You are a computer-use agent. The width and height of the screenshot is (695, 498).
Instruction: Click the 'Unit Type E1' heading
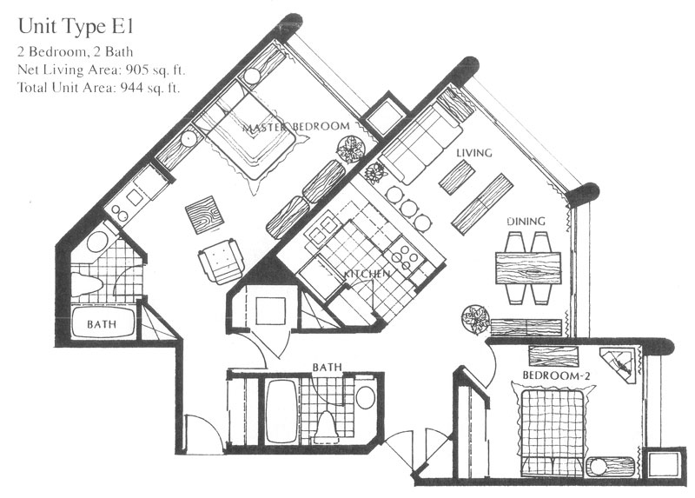(x=76, y=27)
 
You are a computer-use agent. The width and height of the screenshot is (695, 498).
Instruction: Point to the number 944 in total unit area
(x=132, y=88)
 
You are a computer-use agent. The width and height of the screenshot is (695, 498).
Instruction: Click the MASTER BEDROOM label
(x=296, y=127)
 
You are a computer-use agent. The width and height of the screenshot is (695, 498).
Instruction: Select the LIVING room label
(x=474, y=153)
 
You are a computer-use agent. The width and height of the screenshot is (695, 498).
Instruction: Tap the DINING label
(x=526, y=221)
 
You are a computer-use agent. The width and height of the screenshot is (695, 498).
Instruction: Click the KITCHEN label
(x=367, y=274)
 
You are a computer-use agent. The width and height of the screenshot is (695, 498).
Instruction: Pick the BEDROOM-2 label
(x=556, y=376)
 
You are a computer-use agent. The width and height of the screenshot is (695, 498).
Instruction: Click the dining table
(x=528, y=269)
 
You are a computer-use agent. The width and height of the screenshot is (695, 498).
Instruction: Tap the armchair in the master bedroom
(x=222, y=262)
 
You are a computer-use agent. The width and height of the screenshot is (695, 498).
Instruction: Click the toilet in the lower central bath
(x=327, y=427)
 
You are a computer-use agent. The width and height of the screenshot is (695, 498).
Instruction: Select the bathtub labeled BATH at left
(x=103, y=322)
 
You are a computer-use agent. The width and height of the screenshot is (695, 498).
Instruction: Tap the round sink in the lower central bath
(x=365, y=398)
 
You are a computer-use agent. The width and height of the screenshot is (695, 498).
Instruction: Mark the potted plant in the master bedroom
(x=351, y=149)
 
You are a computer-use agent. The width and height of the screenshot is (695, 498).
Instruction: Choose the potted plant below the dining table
(x=475, y=319)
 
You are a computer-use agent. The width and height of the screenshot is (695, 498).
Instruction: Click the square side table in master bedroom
(x=205, y=215)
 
